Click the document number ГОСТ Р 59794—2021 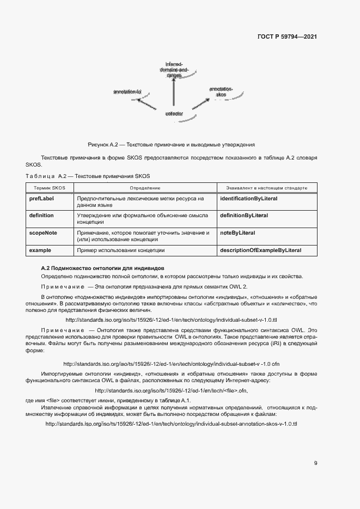[287, 37]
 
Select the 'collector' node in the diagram [174, 114]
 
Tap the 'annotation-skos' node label [221, 91]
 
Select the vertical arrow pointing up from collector [174, 93]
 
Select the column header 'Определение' [145, 187]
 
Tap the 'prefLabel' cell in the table [41, 199]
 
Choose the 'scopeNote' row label [43, 232]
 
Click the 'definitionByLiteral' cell [243, 216]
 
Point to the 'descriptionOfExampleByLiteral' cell [260, 250]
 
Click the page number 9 [315, 463]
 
